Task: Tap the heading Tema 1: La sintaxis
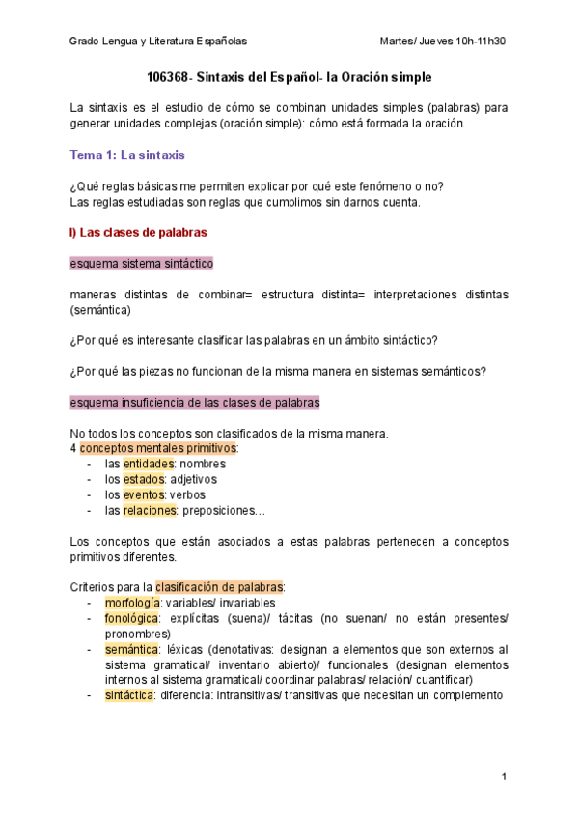[x=128, y=155]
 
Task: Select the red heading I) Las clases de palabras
[x=137, y=232]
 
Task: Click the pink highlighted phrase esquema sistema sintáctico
[x=142, y=263]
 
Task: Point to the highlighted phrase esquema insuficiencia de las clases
[x=195, y=402]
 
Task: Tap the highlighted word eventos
[x=144, y=494]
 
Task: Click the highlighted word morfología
[x=133, y=603]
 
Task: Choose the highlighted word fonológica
[x=132, y=618]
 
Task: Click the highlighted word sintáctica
[x=129, y=695]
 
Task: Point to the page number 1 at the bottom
[x=504, y=777]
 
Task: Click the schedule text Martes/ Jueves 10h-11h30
[x=444, y=42]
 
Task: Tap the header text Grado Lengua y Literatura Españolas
[x=158, y=42]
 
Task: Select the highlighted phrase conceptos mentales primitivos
[x=157, y=448]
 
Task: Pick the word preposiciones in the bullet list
[x=225, y=510]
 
